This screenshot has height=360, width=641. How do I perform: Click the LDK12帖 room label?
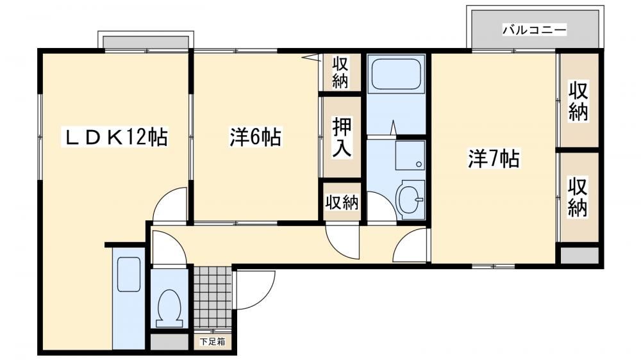pyautogui.click(x=115, y=137)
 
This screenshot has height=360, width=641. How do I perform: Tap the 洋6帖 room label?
pyautogui.click(x=255, y=137)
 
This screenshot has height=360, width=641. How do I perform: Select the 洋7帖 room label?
pyautogui.click(x=494, y=159)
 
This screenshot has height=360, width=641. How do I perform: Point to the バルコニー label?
pyautogui.click(x=535, y=30)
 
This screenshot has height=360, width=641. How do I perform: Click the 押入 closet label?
pyautogui.click(x=342, y=138)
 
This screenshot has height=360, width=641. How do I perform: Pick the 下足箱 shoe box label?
pyautogui.click(x=213, y=341)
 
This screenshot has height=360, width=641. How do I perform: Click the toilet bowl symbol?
pyautogui.click(x=169, y=308)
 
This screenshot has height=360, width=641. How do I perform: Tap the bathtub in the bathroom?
pyautogui.click(x=396, y=74)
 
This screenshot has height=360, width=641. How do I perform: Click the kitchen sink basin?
pyautogui.click(x=129, y=274)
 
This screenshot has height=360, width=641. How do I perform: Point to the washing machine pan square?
pyautogui.click(x=410, y=156)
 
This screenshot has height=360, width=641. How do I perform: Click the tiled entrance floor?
pyautogui.click(x=213, y=297)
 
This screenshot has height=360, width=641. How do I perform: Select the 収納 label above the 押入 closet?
pyautogui.click(x=340, y=73)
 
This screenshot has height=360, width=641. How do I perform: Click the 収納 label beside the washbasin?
pyautogui.click(x=342, y=202)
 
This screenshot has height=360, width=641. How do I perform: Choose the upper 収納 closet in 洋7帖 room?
pyautogui.click(x=578, y=101)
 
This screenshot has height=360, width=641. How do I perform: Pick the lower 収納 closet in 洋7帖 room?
pyautogui.click(x=578, y=197)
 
